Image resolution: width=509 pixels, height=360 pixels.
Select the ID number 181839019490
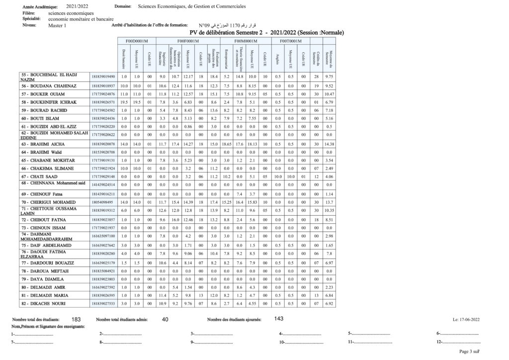[x=103, y=77]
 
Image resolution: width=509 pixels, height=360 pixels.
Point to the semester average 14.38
[x=329, y=144]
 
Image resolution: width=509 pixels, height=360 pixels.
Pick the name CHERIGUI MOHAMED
[x=48, y=202]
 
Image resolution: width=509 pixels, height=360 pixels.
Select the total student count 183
[x=76, y=319]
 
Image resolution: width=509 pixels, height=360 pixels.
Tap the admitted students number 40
[x=166, y=319]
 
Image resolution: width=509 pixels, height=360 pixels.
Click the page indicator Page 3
[x=467, y=352]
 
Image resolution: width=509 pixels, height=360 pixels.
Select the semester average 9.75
[x=329, y=77]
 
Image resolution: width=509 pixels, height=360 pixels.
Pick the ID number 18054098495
[x=103, y=202]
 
